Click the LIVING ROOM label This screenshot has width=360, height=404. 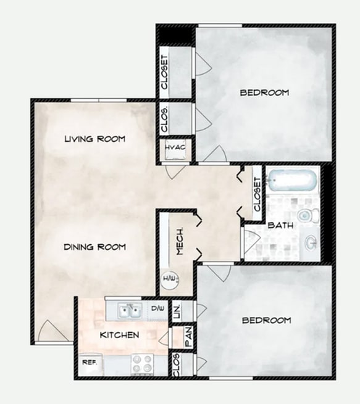tap(94, 139)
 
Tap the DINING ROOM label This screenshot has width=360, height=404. tap(94, 247)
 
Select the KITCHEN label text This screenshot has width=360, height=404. tap(119, 335)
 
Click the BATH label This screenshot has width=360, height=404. tap(280, 226)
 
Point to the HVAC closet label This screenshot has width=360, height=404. tap(175, 149)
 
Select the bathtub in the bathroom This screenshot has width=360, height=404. tap(292, 181)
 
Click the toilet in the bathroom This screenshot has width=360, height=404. tap(306, 215)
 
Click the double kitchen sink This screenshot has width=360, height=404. tap(130, 310)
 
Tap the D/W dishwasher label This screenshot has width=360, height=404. tap(157, 308)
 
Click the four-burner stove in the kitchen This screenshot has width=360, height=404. tap(143, 364)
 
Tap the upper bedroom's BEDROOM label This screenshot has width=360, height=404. tap(264, 93)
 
